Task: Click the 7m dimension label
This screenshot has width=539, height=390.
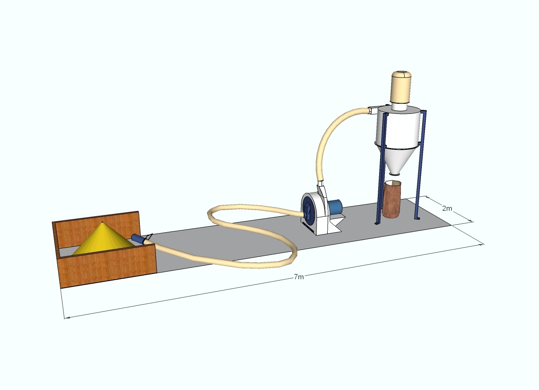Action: [299, 277]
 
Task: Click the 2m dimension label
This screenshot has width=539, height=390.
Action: [447, 208]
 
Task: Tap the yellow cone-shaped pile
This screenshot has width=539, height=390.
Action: [103, 238]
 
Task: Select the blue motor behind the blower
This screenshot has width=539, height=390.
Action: [335, 207]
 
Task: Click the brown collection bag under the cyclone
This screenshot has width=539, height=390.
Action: [392, 199]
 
